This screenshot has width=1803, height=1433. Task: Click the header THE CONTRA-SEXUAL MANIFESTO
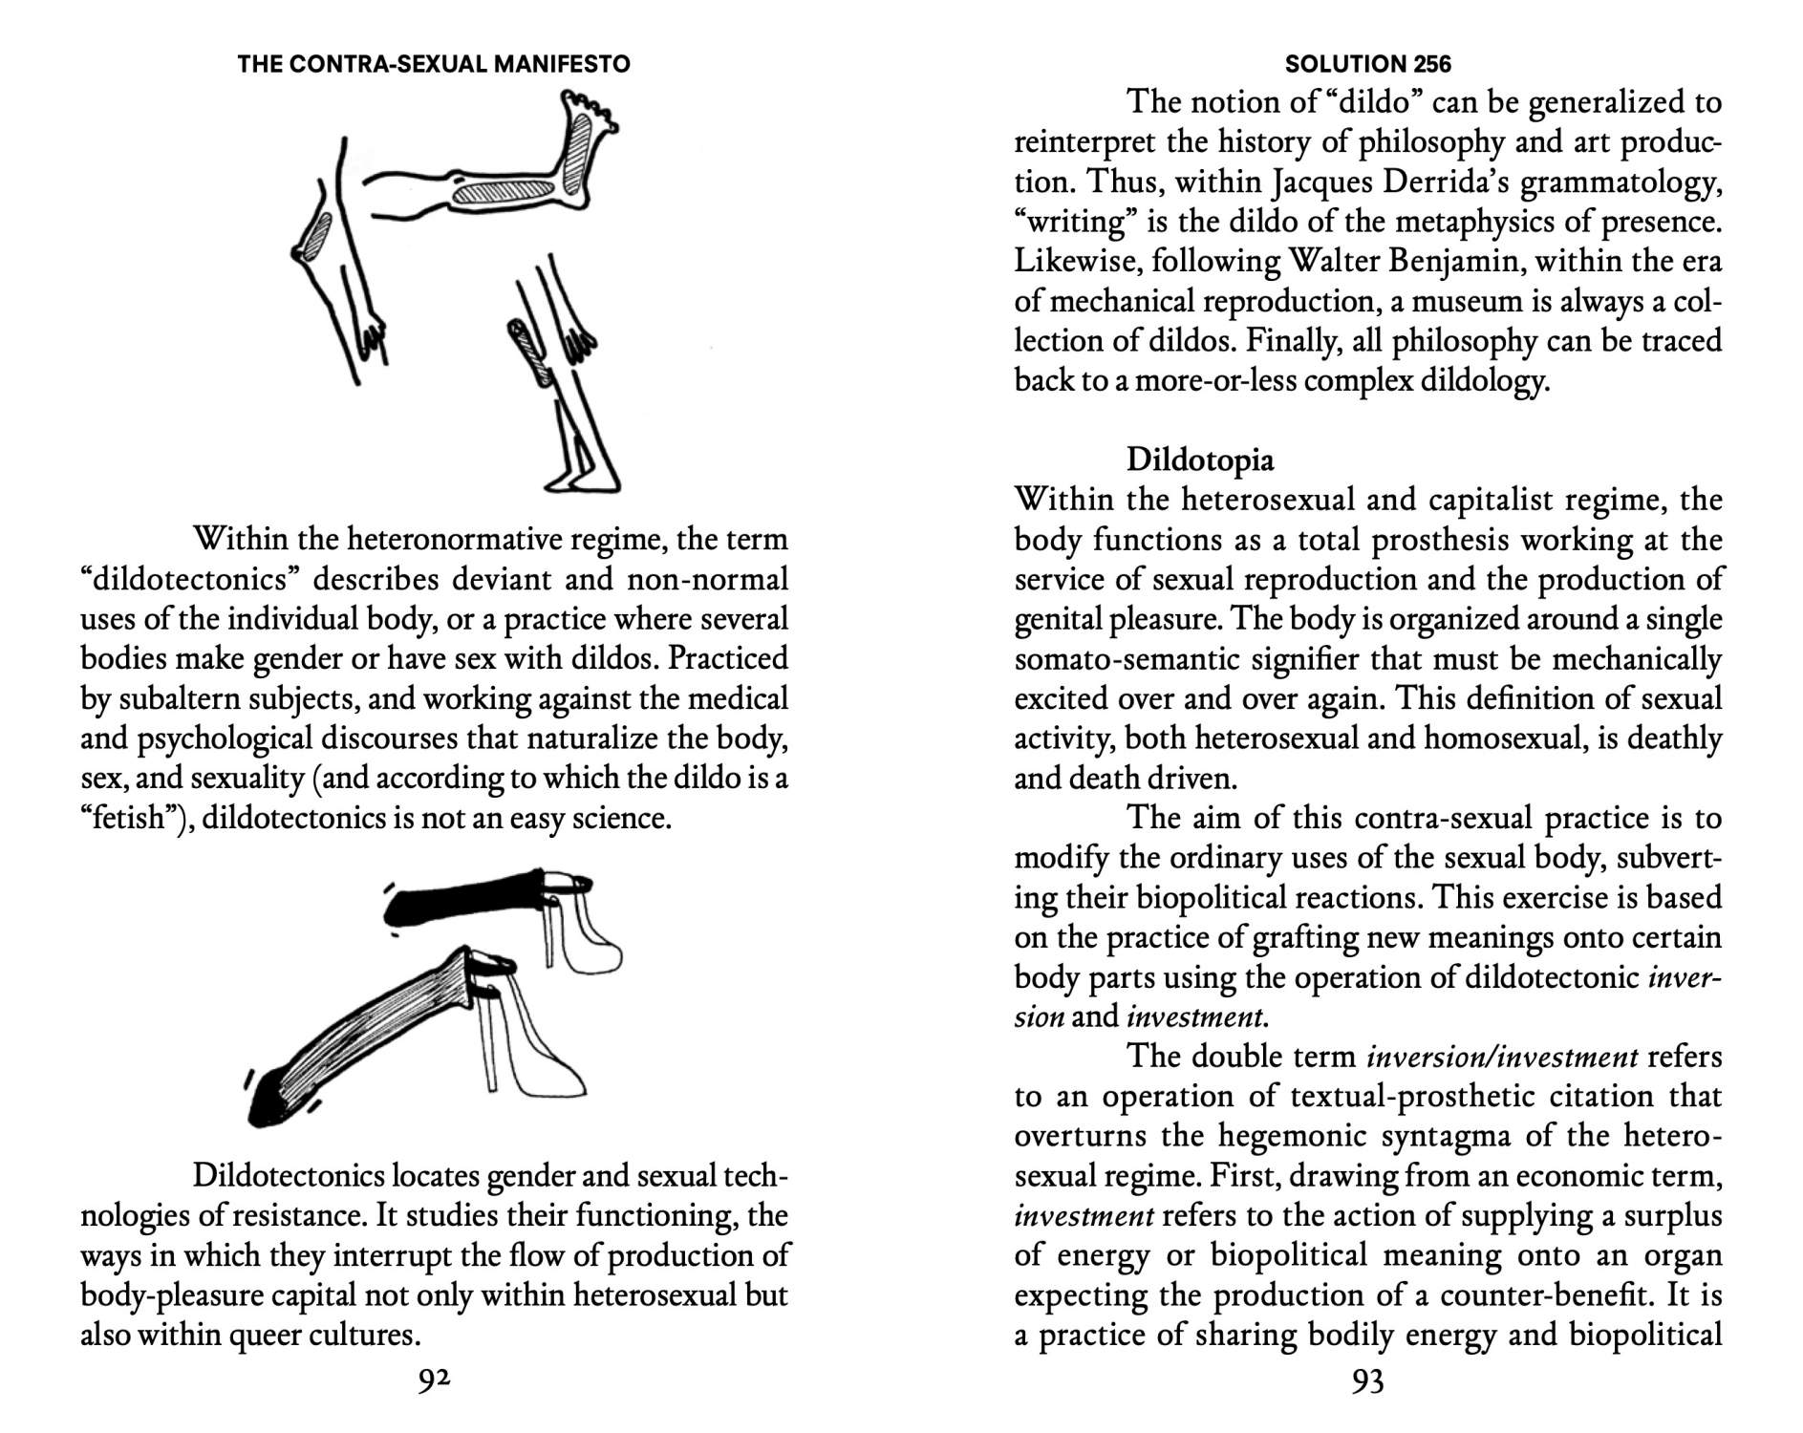point(434,64)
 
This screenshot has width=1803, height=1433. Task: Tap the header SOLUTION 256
point(1367,64)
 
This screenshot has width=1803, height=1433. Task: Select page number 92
point(434,1380)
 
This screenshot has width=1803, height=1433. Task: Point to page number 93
point(1367,1381)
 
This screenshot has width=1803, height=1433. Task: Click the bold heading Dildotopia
point(1199,460)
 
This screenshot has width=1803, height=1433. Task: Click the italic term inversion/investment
point(1502,1058)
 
